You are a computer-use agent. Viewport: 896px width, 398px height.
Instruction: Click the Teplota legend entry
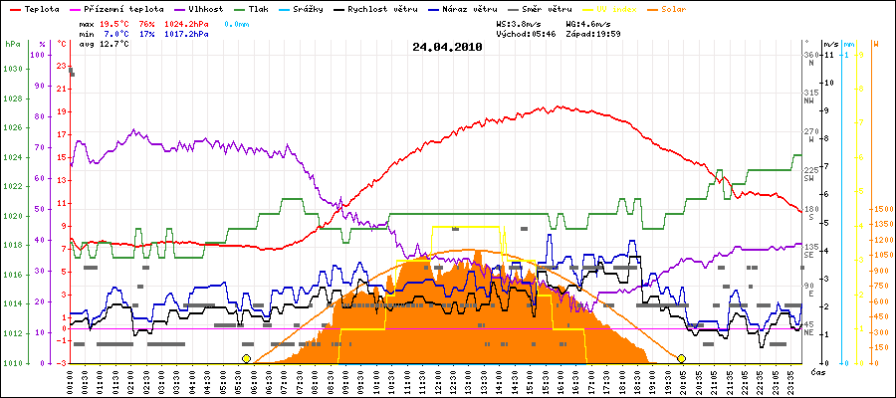[37, 8]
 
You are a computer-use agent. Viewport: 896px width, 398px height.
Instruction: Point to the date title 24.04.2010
[447, 46]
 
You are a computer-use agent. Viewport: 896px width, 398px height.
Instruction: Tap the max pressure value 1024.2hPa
[185, 22]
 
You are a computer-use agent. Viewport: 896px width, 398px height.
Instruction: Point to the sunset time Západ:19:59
[592, 33]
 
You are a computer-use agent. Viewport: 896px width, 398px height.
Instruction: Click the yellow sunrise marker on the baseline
[246, 358]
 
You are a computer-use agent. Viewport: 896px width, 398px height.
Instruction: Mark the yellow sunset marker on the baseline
[682, 358]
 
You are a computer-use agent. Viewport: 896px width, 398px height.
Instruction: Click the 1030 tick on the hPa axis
[12, 69]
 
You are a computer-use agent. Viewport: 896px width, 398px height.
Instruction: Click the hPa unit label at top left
[11, 45]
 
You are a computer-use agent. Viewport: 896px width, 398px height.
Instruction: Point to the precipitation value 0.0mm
[238, 22]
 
